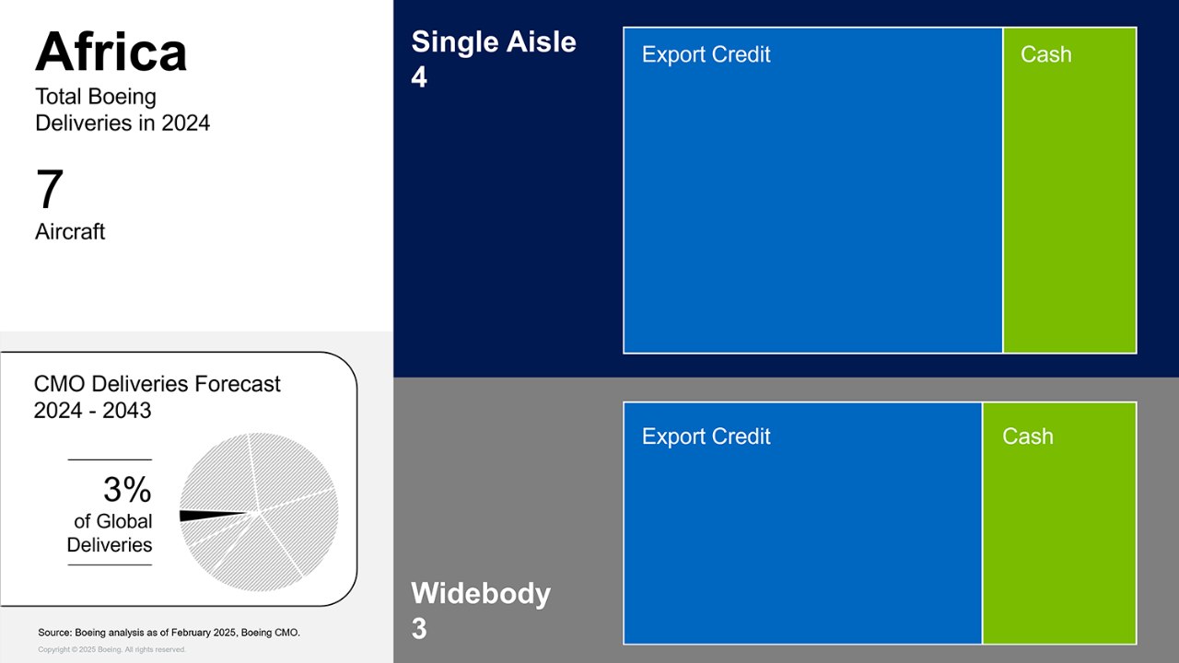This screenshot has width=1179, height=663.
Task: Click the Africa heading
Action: pyautogui.click(x=111, y=52)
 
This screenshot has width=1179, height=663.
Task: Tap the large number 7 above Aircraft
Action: pyautogui.click(x=50, y=189)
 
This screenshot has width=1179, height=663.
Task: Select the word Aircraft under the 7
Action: pyautogui.click(x=70, y=231)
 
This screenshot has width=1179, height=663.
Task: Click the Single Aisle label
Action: pyautogui.click(x=494, y=41)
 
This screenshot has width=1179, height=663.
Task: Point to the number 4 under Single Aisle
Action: pyautogui.click(x=419, y=77)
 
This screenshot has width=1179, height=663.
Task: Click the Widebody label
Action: pyautogui.click(x=481, y=593)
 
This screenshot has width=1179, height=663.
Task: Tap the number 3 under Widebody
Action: pyautogui.click(x=419, y=628)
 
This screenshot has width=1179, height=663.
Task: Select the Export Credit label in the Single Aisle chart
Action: pyautogui.click(x=706, y=54)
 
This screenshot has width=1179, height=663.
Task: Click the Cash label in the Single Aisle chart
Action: pyautogui.click(x=1045, y=54)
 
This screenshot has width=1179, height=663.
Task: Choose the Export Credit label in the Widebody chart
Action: pyautogui.click(x=706, y=436)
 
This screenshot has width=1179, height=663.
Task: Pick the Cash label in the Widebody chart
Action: pyautogui.click(x=1027, y=436)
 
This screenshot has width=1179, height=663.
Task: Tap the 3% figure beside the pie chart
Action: pyautogui.click(x=127, y=489)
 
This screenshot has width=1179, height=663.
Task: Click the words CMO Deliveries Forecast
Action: pyautogui.click(x=157, y=384)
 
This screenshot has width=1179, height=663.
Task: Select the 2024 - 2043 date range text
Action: pyautogui.click(x=93, y=411)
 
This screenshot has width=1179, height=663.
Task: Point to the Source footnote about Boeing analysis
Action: pyautogui.click(x=169, y=633)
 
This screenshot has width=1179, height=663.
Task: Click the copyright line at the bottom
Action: pyautogui.click(x=111, y=650)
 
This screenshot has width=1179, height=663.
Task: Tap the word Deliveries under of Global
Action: pyautogui.click(x=110, y=545)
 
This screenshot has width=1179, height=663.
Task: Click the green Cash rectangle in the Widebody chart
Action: pyautogui.click(x=1059, y=524)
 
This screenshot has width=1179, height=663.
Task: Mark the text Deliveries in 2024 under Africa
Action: pyautogui.click(x=123, y=123)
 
